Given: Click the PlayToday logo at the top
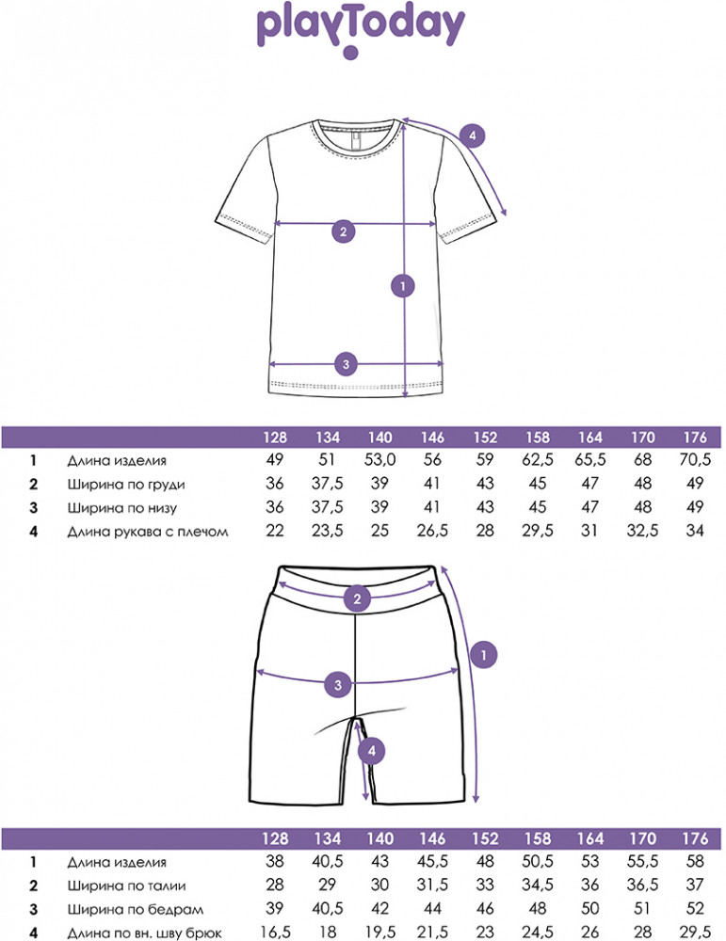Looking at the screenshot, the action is pyautogui.click(x=361, y=31).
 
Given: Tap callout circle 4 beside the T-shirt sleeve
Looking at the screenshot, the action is pyautogui.click(x=472, y=136).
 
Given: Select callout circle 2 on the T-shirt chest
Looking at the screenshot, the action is pyautogui.click(x=343, y=231).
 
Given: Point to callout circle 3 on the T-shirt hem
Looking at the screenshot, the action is pyautogui.click(x=346, y=364).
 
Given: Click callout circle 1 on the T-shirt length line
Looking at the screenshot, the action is pyautogui.click(x=403, y=286).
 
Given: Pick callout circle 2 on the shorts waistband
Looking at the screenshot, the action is pyautogui.click(x=357, y=598).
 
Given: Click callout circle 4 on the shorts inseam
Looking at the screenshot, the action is pyautogui.click(x=372, y=750).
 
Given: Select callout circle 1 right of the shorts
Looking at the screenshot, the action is pyautogui.click(x=483, y=655).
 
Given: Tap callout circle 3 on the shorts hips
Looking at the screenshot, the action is pyautogui.click(x=338, y=685).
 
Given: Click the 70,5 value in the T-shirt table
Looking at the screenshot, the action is pyautogui.click(x=695, y=460).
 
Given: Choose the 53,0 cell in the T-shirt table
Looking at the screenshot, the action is pyautogui.click(x=379, y=460).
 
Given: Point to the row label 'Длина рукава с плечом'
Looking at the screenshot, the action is pyautogui.click(x=147, y=532).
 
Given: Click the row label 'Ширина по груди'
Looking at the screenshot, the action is pyautogui.click(x=125, y=485).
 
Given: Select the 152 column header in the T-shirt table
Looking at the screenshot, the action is pyautogui.click(x=485, y=438).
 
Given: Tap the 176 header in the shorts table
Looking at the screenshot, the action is pyautogui.click(x=695, y=838).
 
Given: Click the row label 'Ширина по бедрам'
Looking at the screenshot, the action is pyautogui.click(x=135, y=910).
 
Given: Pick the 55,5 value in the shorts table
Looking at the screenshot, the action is pyautogui.click(x=642, y=862).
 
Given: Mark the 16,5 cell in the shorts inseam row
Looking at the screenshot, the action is pyautogui.click(x=275, y=933).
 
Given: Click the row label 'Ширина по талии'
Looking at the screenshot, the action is pyautogui.click(x=126, y=885).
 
